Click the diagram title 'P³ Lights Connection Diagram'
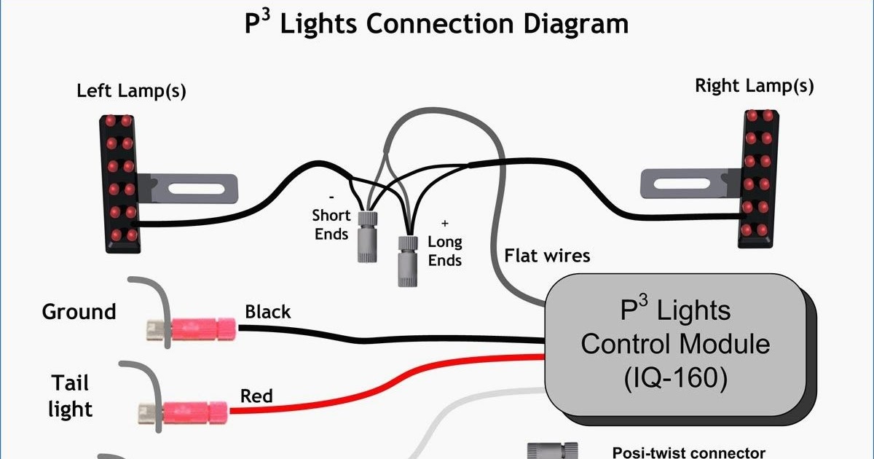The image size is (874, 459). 436,24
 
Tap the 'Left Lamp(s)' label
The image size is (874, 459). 131,92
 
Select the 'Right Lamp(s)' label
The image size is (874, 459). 754,86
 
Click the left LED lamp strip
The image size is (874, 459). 121,178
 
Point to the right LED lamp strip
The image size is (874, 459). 757,178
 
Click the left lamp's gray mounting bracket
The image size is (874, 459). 189,189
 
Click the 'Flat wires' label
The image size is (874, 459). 547,256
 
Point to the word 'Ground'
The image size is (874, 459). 79,312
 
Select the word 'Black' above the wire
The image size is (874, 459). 267,313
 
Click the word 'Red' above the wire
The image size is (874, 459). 256,396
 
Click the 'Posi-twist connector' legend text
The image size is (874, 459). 688,452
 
